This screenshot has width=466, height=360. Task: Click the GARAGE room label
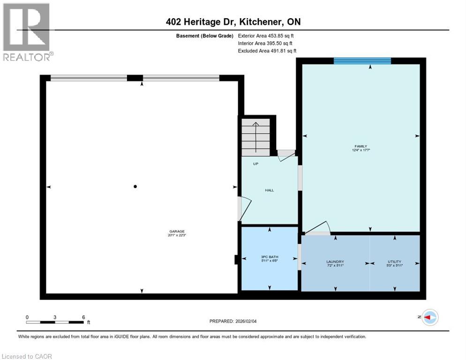pyautogui.click(x=177, y=231)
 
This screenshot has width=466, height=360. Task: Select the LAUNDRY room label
pyautogui.click(x=335, y=262)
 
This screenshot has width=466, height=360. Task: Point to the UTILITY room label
pyautogui.click(x=394, y=262)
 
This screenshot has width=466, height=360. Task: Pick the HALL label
pyautogui.click(x=270, y=190)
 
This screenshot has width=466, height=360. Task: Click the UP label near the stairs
pyautogui.click(x=256, y=164)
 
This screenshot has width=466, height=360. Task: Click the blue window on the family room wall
pyautogui.click(x=362, y=60)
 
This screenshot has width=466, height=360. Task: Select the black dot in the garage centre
pyautogui.click(x=135, y=187)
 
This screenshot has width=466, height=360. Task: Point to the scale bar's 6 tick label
pyautogui.click(x=83, y=317)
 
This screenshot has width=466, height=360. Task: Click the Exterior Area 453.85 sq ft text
pyautogui.click(x=266, y=35)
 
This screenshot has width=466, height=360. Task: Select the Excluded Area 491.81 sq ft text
pyautogui.click(x=267, y=51)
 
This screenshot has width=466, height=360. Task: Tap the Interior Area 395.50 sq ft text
pyautogui.click(x=265, y=43)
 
